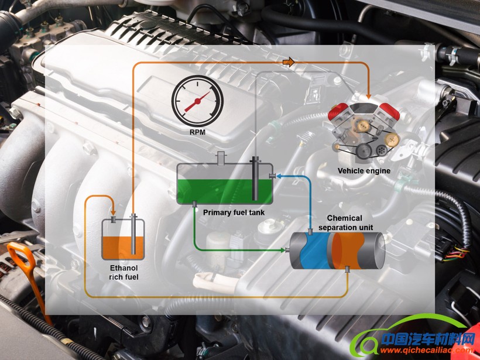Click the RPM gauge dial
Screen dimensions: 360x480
(197, 101)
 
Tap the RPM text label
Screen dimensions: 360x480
(197, 132)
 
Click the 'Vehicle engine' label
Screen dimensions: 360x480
(364, 171)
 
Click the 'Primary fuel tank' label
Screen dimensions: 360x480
(234, 212)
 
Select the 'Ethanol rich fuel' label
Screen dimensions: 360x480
(124, 272)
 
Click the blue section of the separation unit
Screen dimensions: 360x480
(313, 251)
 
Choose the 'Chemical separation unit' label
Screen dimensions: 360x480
(345, 222)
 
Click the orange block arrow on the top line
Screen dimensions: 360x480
(287, 62)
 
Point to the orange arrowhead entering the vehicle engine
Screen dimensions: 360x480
(369, 94)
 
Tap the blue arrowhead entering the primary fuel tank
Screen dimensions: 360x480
(277, 175)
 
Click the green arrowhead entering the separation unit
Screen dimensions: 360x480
(284, 251)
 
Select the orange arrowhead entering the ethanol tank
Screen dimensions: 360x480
(114, 212)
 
